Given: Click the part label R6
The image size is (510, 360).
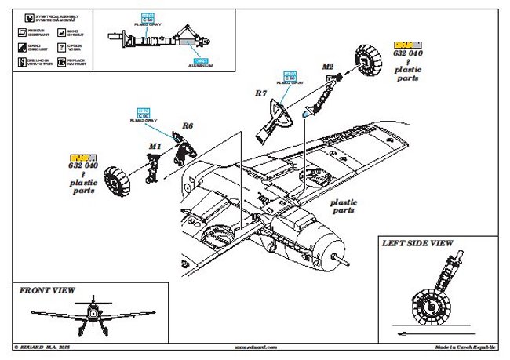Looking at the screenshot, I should pyautogui.click(x=188, y=125).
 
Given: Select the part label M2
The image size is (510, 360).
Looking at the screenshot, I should pyautogui.click(x=328, y=67).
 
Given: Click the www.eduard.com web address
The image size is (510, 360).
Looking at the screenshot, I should pyautogui.click(x=255, y=346).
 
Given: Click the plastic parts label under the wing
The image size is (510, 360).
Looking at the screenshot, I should pyautogui.click(x=343, y=205).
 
